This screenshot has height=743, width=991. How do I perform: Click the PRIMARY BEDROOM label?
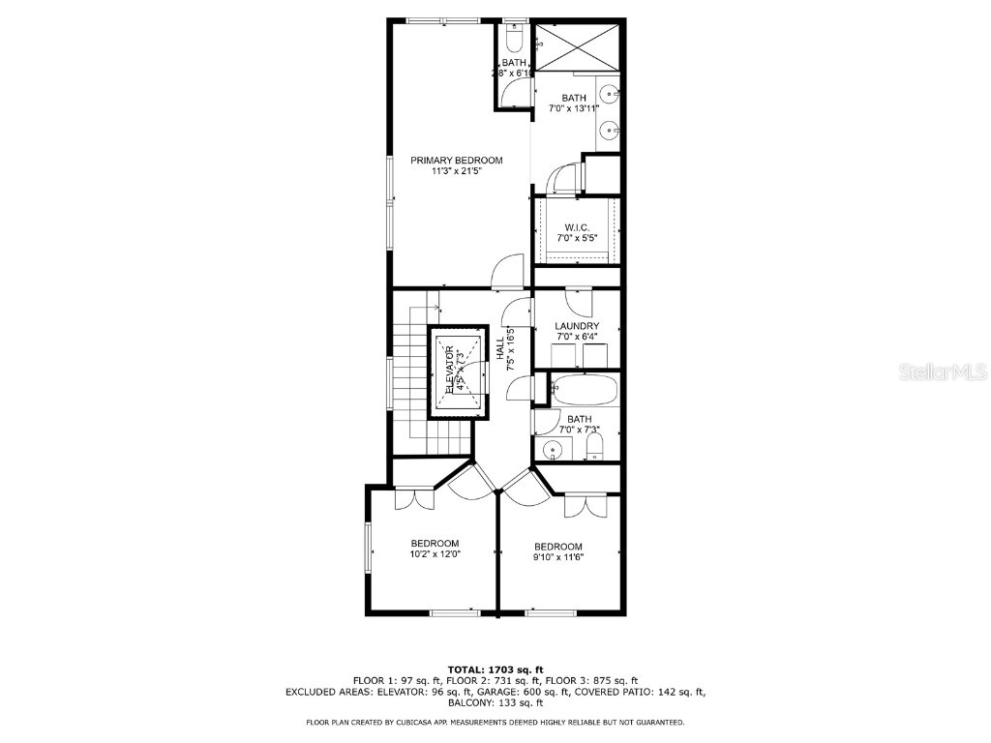point(457,160)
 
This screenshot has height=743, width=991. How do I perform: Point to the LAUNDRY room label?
point(576,326)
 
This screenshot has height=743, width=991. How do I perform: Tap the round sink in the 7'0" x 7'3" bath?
point(553,449)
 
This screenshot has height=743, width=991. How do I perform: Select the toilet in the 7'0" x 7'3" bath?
point(595,447)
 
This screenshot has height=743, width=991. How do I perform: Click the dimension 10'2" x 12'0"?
point(435,554)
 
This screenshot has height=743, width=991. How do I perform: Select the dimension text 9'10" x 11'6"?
point(558,556)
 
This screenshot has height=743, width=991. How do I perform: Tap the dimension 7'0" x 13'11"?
point(575,108)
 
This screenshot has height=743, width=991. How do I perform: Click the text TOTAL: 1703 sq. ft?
point(495,669)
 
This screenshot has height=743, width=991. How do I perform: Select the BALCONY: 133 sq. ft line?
point(495,703)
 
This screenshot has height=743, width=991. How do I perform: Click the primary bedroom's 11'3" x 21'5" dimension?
point(457,171)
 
